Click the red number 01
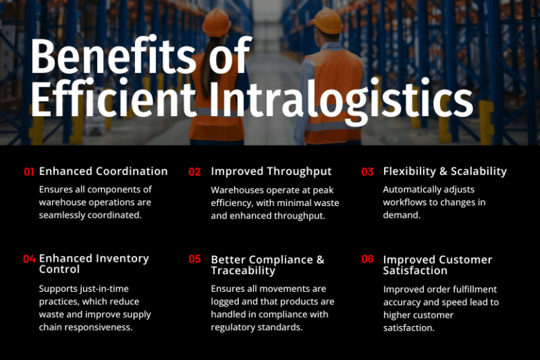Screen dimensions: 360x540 (29, 172)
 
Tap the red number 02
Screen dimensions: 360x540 (195, 172)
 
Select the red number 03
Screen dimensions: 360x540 (368, 172)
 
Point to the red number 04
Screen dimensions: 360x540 (29, 259)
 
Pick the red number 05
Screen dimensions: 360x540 (195, 259)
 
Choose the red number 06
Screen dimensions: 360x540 (368, 259)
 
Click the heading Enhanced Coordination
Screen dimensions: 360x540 (103, 171)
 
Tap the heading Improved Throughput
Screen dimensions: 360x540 (271, 171)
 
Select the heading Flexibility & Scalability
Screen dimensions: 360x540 (444, 171)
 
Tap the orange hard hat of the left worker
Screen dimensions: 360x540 (216, 22)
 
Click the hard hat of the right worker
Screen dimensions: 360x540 (328, 20)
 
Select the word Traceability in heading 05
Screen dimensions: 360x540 (243, 271)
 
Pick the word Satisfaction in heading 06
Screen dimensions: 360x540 (415, 271)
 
